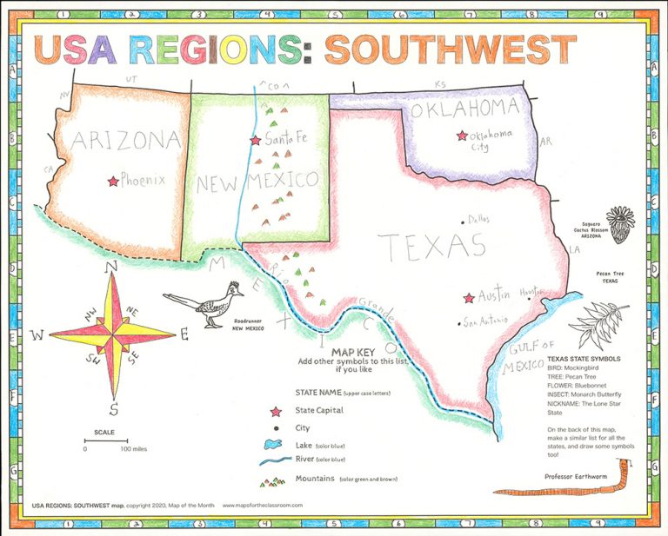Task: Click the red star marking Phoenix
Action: click(112, 182)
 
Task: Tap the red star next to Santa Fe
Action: click(255, 140)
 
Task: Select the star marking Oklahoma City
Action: click(461, 136)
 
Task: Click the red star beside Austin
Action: click(470, 298)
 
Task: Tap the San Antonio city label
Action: click(482, 322)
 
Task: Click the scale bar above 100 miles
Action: click(105, 441)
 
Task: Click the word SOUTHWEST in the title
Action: click(450, 51)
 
